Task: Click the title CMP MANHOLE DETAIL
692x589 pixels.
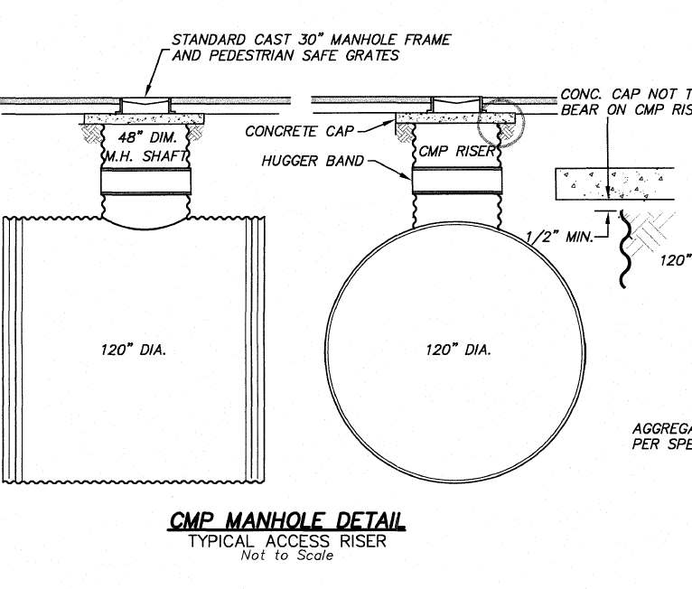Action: [x=286, y=521]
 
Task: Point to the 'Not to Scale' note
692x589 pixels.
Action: [x=286, y=555]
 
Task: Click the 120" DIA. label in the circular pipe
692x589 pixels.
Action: [x=458, y=350]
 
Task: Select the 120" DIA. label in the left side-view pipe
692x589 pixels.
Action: [x=133, y=350]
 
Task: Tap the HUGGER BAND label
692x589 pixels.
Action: [x=313, y=161]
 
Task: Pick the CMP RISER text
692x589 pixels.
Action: [x=457, y=152]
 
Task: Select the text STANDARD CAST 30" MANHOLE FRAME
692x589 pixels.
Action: [x=311, y=40]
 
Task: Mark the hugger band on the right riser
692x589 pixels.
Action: [x=457, y=181]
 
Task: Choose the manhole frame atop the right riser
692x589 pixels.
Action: [x=457, y=103]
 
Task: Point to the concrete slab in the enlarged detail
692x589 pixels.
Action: [x=614, y=185]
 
